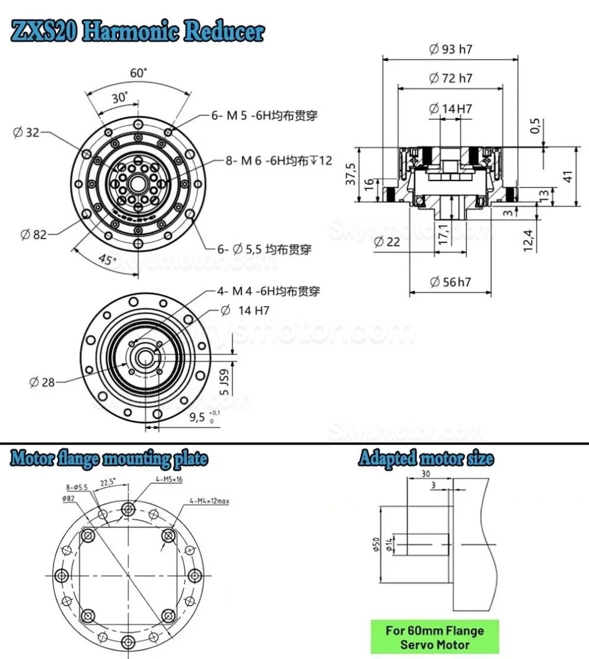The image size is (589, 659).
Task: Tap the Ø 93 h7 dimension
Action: pos(450,49)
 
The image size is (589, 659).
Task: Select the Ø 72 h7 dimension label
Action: pos(450,78)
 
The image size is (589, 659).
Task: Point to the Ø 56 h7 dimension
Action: pos(450,282)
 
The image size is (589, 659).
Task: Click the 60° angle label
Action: pos(138,73)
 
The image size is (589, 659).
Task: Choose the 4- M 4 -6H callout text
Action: pos(268,291)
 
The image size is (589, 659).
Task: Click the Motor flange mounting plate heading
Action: pos(109,458)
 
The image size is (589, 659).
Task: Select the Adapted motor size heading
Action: pos(425,458)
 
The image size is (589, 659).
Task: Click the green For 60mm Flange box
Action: pos(434,637)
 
